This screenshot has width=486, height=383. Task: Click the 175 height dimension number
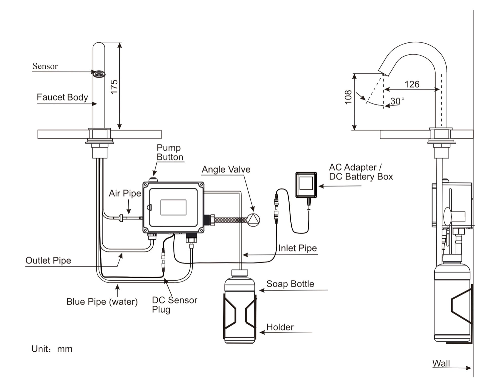coord(114,87)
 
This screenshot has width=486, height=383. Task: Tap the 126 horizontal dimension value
coord(412,84)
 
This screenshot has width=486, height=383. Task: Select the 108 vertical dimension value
coord(348,97)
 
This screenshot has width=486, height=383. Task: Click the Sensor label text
coord(45,66)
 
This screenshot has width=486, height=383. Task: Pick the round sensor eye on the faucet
coord(99,74)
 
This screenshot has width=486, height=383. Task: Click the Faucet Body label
coord(62,97)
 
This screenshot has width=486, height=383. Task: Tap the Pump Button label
coord(170,152)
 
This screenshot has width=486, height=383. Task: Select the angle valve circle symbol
coord(253,220)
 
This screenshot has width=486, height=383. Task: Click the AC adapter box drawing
coord(306,185)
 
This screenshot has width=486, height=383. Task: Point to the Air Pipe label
coord(125,193)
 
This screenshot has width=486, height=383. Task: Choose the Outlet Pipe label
coord(48,260)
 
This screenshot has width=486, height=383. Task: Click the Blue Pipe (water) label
coord(102,302)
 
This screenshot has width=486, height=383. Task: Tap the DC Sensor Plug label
coord(174,305)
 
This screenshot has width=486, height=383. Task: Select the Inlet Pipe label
coord(297,248)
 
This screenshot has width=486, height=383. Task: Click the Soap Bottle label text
coord(290,284)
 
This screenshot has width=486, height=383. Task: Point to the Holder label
coord(280,327)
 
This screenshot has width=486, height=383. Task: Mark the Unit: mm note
coord(52,349)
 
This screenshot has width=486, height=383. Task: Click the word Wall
coord(441,363)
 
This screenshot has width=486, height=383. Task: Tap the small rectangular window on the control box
coord(173,207)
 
